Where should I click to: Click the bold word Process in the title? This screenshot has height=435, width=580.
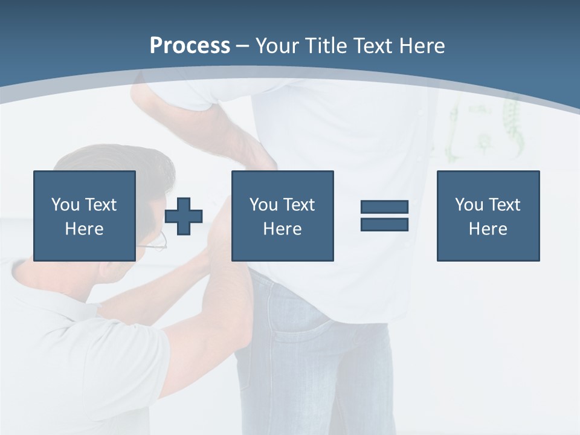190,46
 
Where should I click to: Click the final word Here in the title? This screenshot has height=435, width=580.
419,46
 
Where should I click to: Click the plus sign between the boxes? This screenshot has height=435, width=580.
184,216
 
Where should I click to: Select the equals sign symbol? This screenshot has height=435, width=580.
384,216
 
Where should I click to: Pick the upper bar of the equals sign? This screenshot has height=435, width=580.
384,207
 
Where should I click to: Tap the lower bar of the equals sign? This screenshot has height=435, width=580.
384,224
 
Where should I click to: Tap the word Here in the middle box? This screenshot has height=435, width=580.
282,229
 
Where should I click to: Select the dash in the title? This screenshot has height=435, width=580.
242,46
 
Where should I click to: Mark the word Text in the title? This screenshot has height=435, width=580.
371,46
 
